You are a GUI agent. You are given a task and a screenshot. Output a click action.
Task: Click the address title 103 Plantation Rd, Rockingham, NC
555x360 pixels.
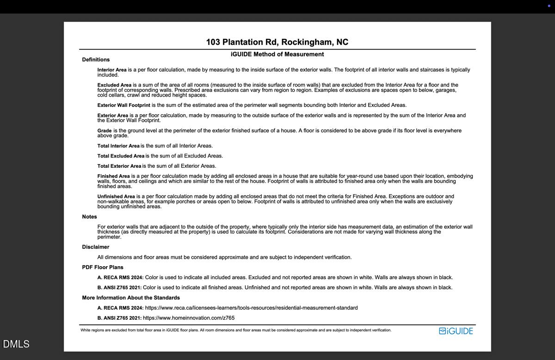[x=277, y=42]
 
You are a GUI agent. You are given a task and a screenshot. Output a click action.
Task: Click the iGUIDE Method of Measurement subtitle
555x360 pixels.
[x=277, y=54]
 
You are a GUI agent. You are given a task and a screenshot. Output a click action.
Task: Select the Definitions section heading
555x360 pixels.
[x=96, y=60]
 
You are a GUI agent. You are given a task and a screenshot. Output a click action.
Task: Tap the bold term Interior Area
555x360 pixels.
[x=112, y=70]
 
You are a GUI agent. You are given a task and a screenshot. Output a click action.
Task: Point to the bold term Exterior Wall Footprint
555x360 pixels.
[x=123, y=105]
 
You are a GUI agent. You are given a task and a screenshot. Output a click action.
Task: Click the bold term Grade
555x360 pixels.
[x=105, y=131]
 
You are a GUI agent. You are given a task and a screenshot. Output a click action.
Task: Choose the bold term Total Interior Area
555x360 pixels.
[x=118, y=146]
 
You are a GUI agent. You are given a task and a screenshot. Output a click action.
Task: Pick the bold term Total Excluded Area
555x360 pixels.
[x=121, y=156]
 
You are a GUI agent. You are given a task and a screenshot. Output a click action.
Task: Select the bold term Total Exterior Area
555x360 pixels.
[x=119, y=166]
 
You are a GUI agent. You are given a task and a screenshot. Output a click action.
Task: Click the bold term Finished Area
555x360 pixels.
[x=114, y=177]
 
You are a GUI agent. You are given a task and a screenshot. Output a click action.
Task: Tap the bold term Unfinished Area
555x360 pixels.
[x=116, y=196]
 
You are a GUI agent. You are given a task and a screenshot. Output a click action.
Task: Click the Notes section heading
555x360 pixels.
[x=90, y=217]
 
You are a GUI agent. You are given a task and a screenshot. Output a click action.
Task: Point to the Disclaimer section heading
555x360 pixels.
[x=96, y=247]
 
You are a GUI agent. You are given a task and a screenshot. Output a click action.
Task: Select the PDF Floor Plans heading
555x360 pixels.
[x=103, y=267]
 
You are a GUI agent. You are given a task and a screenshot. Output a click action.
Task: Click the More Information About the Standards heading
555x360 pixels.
[x=131, y=298]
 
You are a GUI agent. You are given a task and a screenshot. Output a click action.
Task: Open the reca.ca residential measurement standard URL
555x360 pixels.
[x=251, y=308]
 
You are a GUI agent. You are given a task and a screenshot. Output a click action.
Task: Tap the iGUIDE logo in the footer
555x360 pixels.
[x=456, y=331]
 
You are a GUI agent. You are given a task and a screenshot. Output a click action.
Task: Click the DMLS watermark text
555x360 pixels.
[x=16, y=344]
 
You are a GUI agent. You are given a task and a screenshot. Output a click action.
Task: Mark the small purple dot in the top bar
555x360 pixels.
[x=549, y=6]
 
